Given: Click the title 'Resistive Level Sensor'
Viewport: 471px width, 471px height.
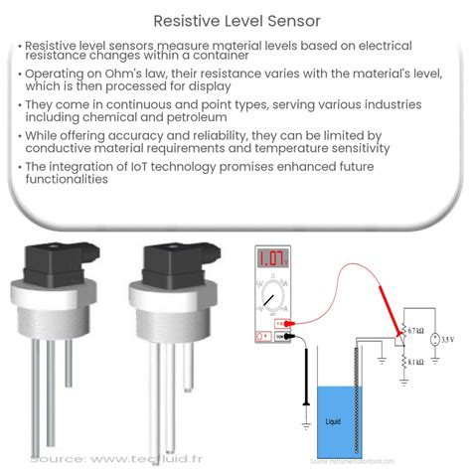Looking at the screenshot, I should [235, 19].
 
